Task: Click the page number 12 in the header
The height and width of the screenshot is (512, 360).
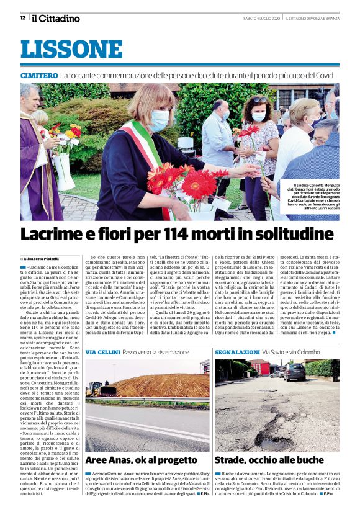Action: point(22,17)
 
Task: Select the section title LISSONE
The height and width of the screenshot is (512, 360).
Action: point(71,50)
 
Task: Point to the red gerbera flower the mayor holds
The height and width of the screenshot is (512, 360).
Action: point(199,184)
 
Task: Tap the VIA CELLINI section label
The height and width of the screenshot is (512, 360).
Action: point(102,352)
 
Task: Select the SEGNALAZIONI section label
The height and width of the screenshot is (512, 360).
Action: point(236,352)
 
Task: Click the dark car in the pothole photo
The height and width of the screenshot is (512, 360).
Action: point(294,372)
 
